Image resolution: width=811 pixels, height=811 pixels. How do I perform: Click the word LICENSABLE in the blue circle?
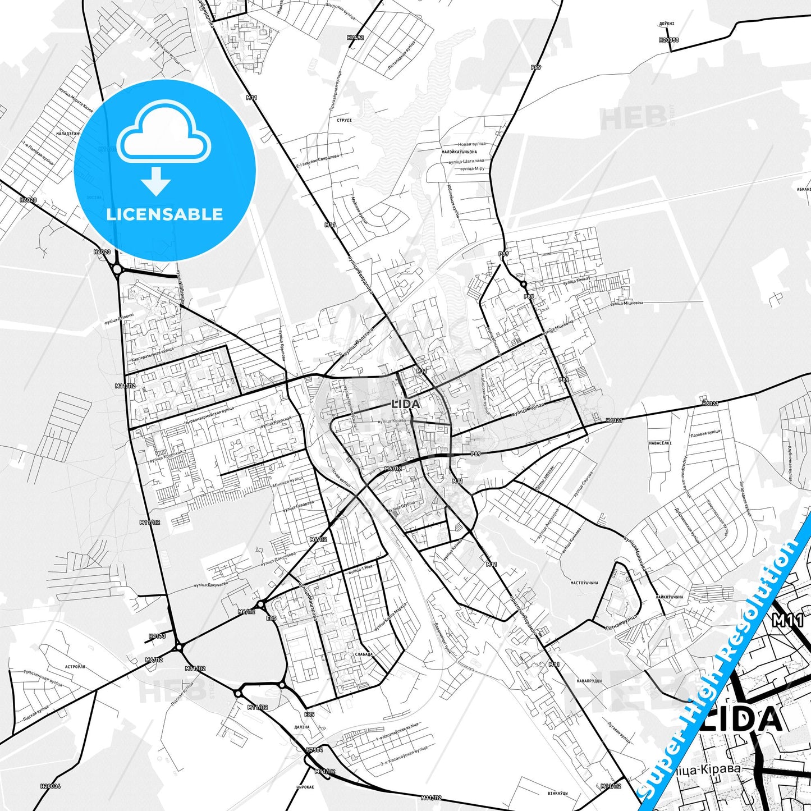click(x=164, y=214)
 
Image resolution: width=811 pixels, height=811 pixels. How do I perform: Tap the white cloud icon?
click(x=164, y=134)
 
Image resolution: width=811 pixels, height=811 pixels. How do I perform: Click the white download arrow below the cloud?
click(x=156, y=181)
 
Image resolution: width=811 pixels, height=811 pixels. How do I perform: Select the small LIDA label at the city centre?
click(x=405, y=404)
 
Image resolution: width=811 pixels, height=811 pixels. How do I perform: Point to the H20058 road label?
click(x=669, y=40)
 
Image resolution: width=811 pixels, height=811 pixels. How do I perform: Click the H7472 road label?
click(x=355, y=38)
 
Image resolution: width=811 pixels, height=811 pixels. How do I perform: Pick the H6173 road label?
click(x=157, y=636)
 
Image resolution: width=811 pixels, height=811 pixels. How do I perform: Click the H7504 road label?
click(x=314, y=750)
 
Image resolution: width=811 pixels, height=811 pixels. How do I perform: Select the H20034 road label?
click(x=51, y=786)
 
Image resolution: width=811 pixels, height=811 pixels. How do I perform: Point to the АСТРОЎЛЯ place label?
click(x=75, y=667)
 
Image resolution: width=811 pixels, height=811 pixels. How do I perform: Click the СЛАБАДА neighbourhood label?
click(x=364, y=654)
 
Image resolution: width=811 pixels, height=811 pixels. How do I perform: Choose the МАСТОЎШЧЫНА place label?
click(x=584, y=583)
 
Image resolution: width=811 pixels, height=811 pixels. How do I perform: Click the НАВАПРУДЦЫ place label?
click(x=589, y=681)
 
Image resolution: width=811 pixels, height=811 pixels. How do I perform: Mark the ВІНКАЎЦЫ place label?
click(x=557, y=793)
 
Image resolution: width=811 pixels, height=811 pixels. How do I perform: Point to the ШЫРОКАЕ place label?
click(x=304, y=787)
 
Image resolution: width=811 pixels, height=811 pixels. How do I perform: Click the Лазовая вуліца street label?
click(x=705, y=433)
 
